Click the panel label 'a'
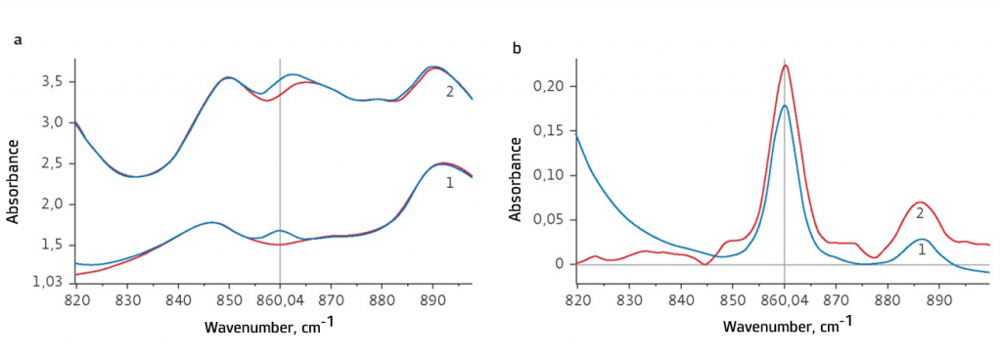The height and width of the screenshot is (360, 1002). [18, 40]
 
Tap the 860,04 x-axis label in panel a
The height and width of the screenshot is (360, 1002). [280, 298]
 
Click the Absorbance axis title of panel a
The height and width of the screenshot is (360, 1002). [14, 181]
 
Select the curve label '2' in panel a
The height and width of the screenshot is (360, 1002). [449, 92]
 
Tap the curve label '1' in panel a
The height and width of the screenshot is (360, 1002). [449, 183]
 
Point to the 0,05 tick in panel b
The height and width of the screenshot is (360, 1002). [555, 220]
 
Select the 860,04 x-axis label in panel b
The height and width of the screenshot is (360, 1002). [784, 298]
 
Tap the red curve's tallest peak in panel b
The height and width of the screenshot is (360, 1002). [784, 66]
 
